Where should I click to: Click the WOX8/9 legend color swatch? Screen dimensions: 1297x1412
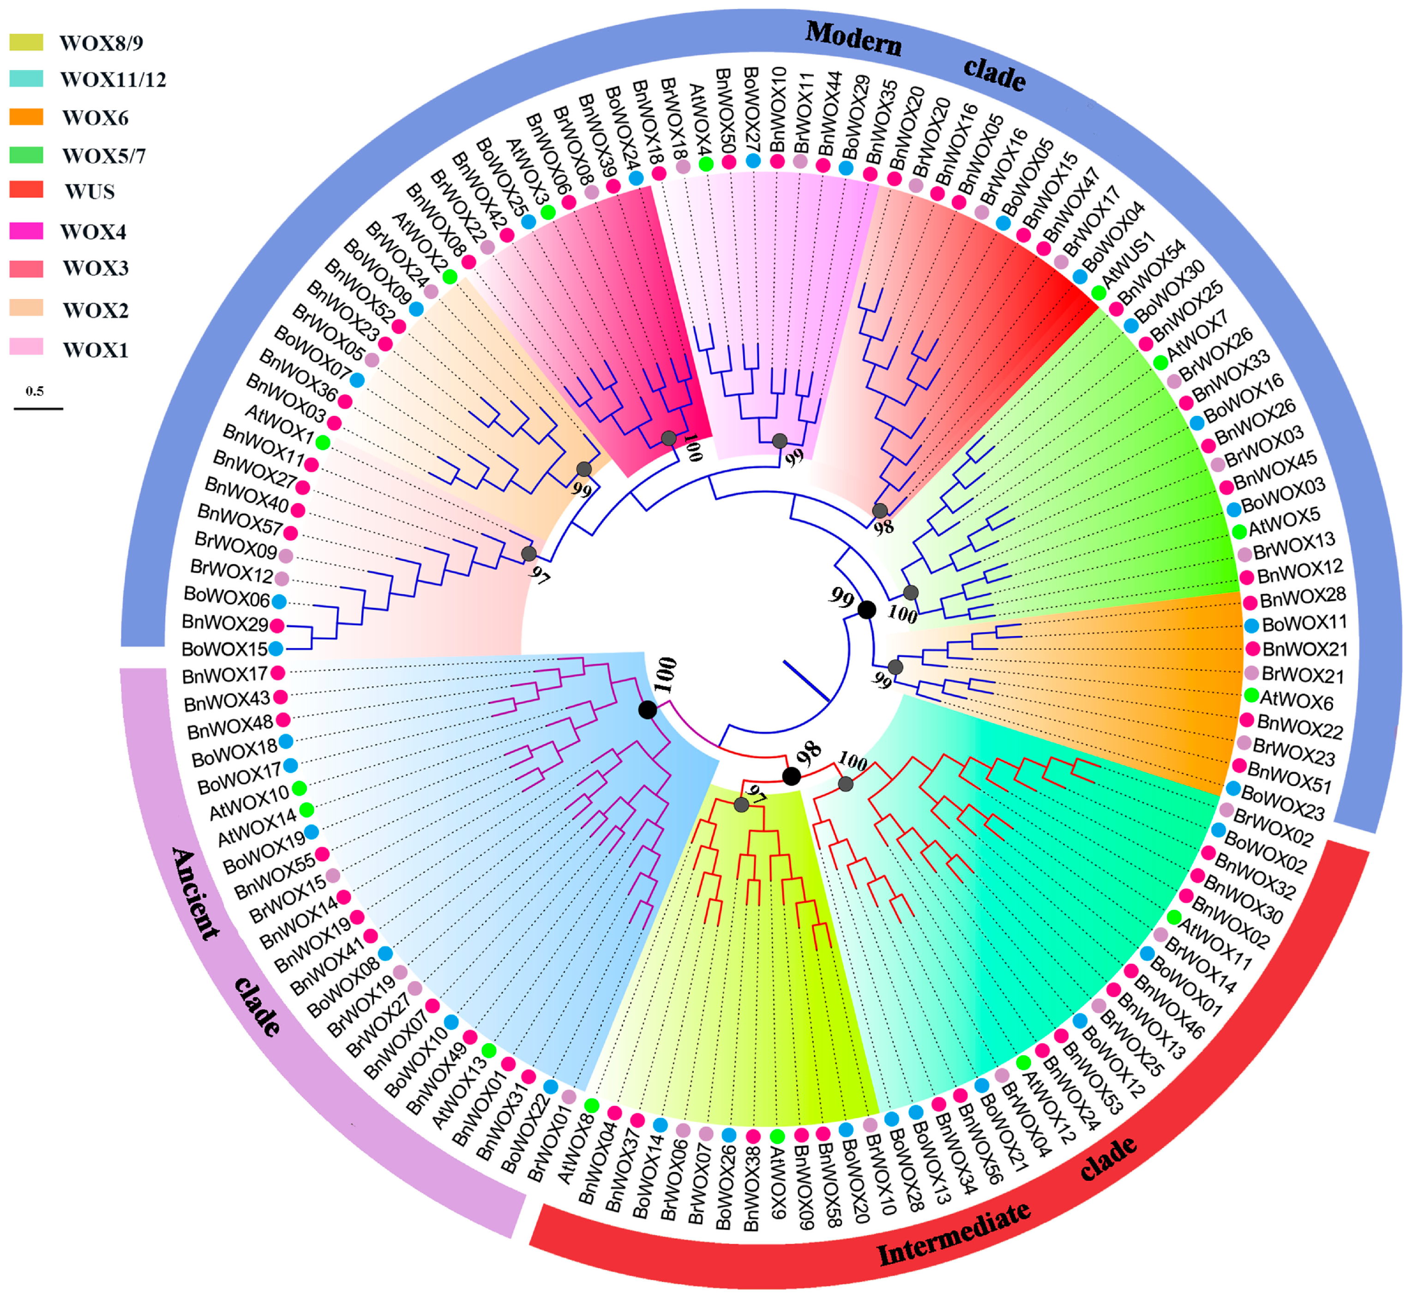point(26,42)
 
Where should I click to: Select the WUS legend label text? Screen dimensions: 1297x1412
point(90,192)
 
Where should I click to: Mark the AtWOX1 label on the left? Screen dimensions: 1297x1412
point(279,424)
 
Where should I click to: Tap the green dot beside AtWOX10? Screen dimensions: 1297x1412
point(299,787)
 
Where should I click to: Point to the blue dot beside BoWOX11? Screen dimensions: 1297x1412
point(1251,624)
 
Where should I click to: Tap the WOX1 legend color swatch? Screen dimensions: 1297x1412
point(26,347)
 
